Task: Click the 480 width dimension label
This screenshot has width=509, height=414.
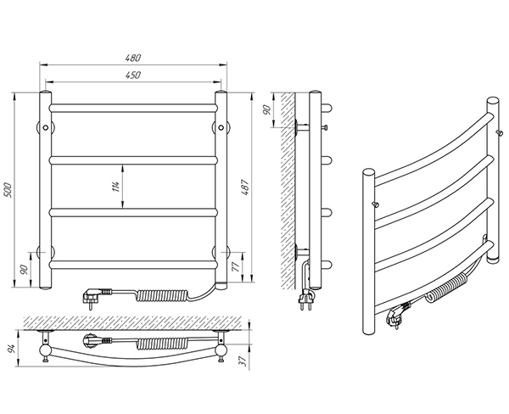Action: pyautogui.click(x=133, y=58)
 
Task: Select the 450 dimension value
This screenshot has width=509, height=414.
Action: pyautogui.click(x=133, y=75)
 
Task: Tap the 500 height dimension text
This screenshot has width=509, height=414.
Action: pyautogui.click(x=8, y=190)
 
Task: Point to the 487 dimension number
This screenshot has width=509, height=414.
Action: pyautogui.click(x=245, y=187)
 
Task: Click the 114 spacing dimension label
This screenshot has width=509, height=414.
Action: pyautogui.click(x=116, y=187)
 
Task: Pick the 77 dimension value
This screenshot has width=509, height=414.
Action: pyautogui.click(x=236, y=266)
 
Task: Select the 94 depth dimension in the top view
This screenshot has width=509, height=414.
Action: pyautogui.click(x=12, y=349)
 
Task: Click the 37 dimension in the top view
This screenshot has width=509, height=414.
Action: pyautogui.click(x=243, y=361)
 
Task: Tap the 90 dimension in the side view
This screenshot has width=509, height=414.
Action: pyautogui.click(x=267, y=109)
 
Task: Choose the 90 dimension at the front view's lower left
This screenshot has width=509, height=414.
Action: pyautogui.click(x=24, y=270)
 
